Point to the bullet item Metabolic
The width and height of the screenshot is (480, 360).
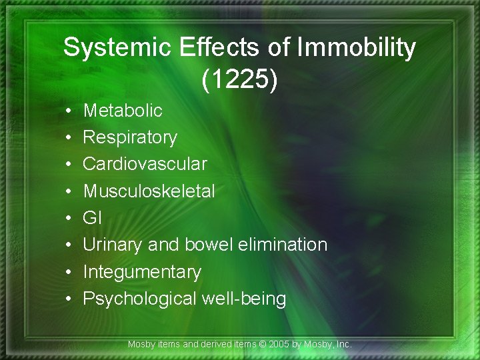(123, 110)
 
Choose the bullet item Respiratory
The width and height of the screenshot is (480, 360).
(130, 137)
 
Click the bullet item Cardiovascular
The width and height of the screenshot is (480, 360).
(145, 164)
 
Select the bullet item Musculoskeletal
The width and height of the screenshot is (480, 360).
(149, 191)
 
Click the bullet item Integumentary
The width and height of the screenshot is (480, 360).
(142, 272)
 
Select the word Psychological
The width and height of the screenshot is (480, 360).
(140, 299)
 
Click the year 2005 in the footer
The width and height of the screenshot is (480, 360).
(276, 345)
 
